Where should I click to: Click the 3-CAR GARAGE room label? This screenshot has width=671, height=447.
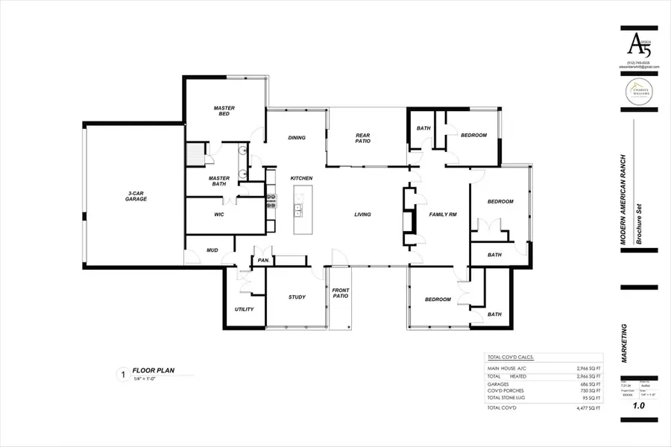click(x=136, y=196)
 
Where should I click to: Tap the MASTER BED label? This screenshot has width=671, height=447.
click(x=224, y=111)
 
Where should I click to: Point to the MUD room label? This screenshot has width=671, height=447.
click(x=212, y=250)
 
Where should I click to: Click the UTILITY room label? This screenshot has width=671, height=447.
click(x=245, y=309)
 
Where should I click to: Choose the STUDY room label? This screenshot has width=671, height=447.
click(x=297, y=297)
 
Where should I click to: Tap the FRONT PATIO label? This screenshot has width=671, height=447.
click(x=341, y=294)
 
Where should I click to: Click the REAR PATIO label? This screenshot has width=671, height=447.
click(x=362, y=138)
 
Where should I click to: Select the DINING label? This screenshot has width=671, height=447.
click(x=297, y=138)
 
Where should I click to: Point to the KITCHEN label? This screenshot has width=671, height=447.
click(x=301, y=178)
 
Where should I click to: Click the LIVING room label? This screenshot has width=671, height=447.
click(x=362, y=215)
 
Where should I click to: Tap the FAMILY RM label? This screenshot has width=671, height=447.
click(x=443, y=215)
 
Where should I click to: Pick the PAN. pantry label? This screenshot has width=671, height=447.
click(x=263, y=261)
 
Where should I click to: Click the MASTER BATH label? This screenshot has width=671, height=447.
click(x=218, y=181)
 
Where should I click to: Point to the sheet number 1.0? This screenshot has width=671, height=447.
click(x=639, y=406)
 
